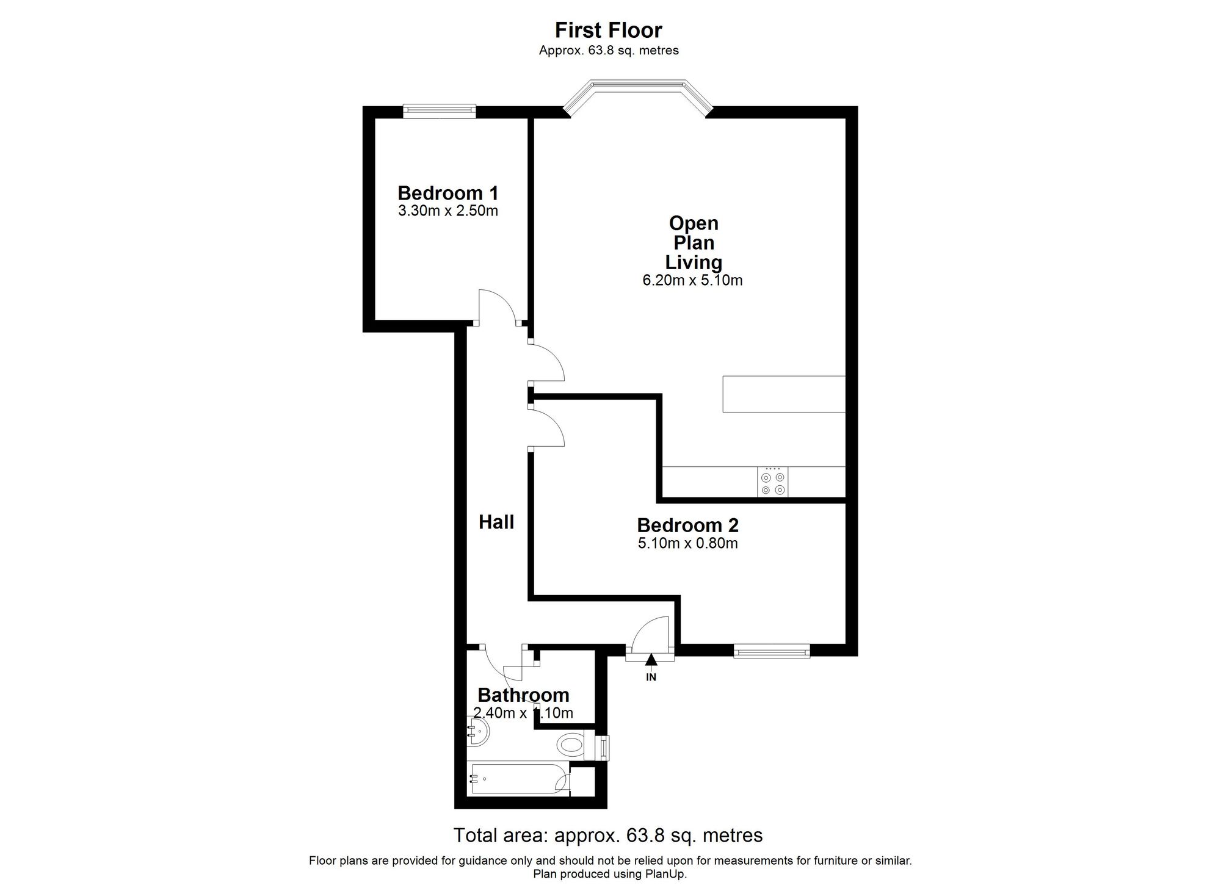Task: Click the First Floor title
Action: [608, 30]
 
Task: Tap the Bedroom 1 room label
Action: [448, 193]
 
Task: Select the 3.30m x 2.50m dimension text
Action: [448, 211]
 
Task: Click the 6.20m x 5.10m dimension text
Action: [692, 281]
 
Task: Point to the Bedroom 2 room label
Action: [687, 525]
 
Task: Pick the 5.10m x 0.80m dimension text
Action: [687, 543]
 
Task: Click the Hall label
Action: [496, 522]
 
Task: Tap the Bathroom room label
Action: [523, 695]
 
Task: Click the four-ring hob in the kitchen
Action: [773, 482]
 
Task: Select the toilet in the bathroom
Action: [577, 745]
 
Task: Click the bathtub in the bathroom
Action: [519, 779]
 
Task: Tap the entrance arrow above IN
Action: [651, 659]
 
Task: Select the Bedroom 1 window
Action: [439, 110]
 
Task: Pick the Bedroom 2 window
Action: [772, 651]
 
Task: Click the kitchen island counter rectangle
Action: [784, 394]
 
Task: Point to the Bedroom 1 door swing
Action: [498, 308]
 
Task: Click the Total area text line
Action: [608, 835]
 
